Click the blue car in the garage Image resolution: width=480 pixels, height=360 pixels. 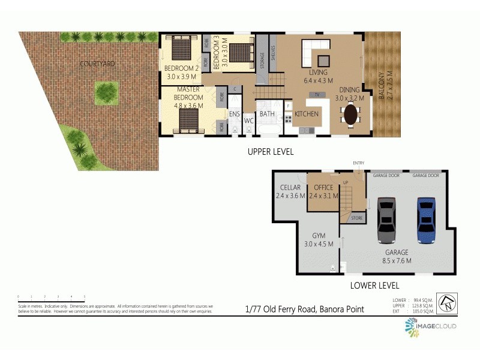tap(425, 220)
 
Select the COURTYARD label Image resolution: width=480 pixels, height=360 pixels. tap(98, 63)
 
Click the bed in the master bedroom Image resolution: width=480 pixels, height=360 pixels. tap(191, 119)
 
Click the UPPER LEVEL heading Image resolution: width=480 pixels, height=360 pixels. tap(271, 152)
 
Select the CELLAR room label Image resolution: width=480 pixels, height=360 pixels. tap(290, 188)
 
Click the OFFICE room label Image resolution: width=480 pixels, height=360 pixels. tap(323, 188)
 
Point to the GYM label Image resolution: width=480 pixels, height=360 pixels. tap(319, 236)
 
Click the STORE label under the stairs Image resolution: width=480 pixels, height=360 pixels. tap(356, 217)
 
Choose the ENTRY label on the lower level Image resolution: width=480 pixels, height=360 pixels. tap(359, 163)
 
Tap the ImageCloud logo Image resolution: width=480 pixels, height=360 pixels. tap(431, 326)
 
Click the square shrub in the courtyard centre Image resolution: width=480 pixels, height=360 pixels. tap(107, 92)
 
